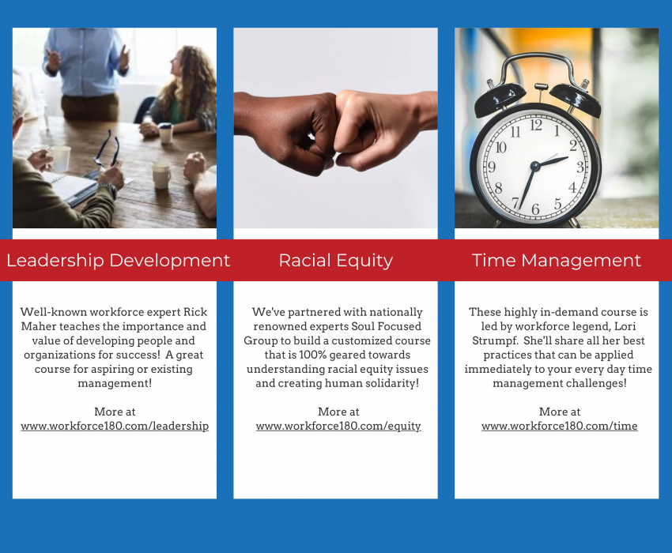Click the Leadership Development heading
pyautogui.click(x=118, y=260)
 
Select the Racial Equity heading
pyautogui.click(x=335, y=260)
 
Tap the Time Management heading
pyautogui.click(x=556, y=260)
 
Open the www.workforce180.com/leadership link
pyautogui.click(x=115, y=426)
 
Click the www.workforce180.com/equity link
pyautogui.click(x=338, y=426)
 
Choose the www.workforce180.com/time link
pyautogui.click(x=559, y=426)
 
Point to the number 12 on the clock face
pyautogui.click(x=536, y=124)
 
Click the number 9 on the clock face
pyautogui.click(x=492, y=167)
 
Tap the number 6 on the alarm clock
pyautogui.click(x=535, y=209)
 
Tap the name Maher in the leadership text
pyautogui.click(x=37, y=326)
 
